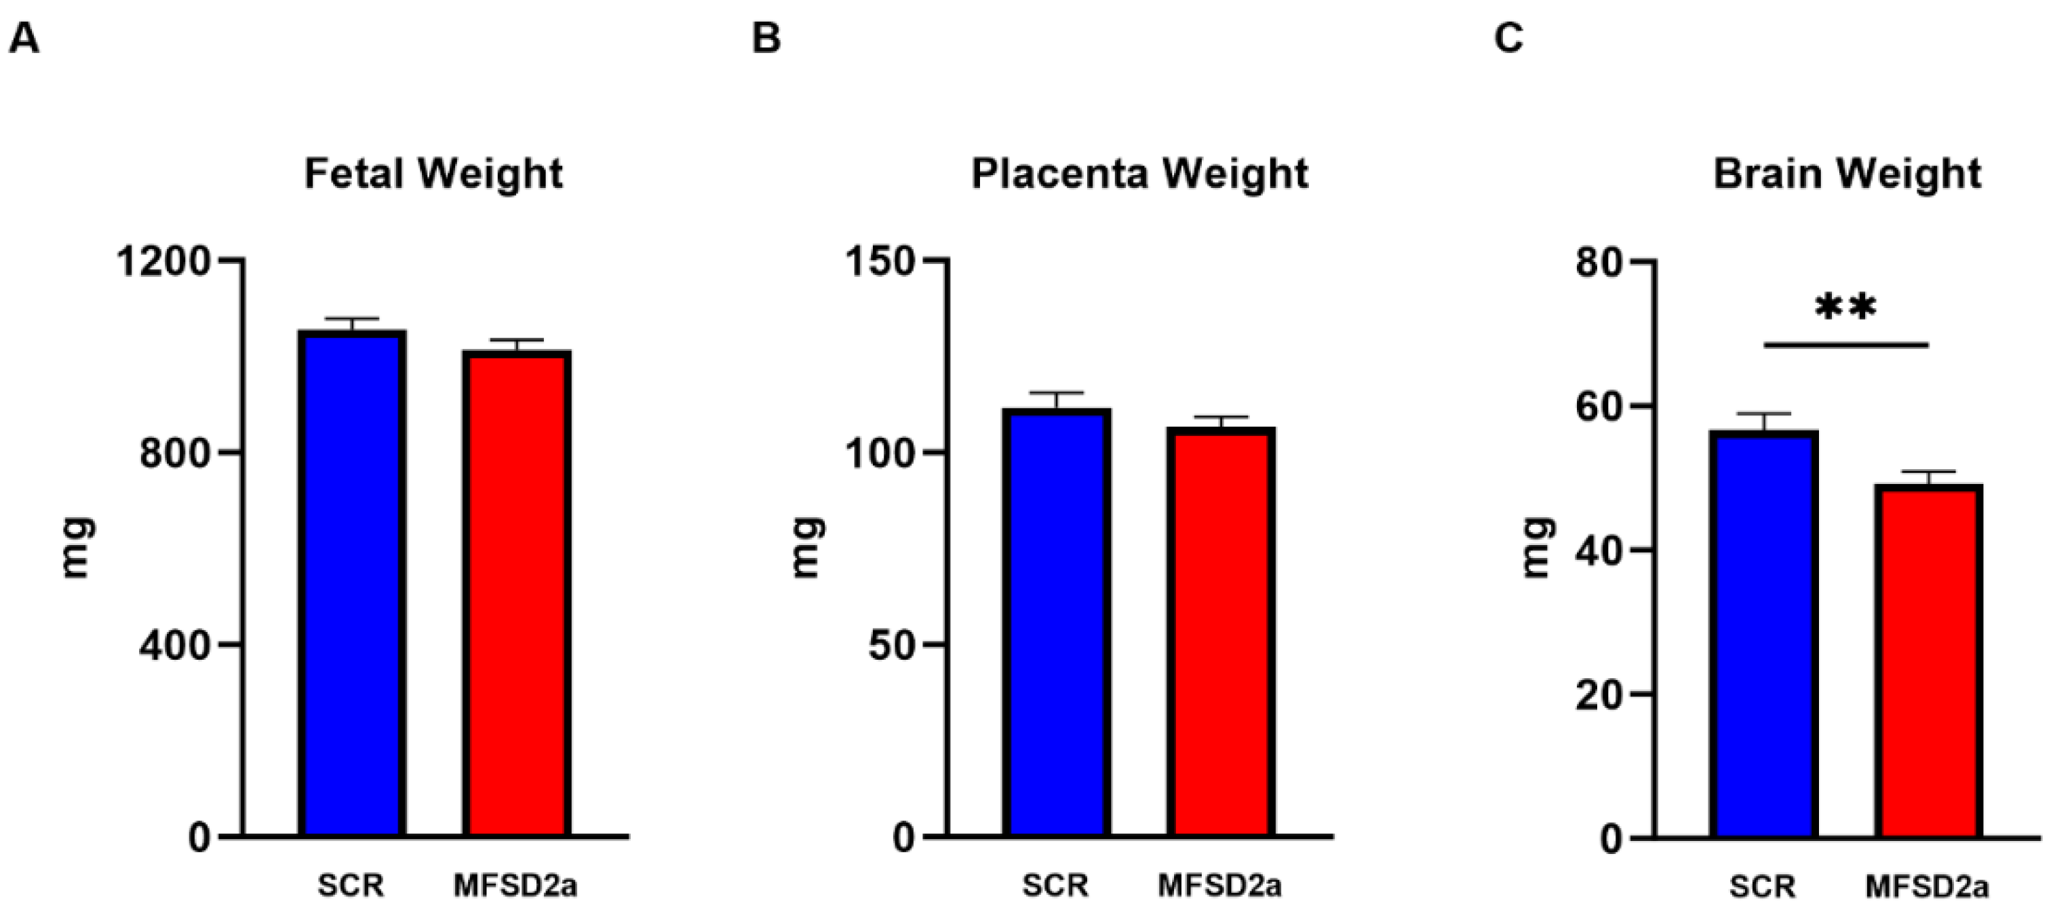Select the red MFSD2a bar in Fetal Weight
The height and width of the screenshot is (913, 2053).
pyautogui.click(x=516, y=594)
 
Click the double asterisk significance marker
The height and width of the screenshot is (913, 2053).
pyautogui.click(x=1845, y=308)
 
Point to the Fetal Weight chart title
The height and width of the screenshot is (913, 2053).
pyautogui.click(x=433, y=174)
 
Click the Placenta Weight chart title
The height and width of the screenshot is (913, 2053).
pyautogui.click(x=1139, y=174)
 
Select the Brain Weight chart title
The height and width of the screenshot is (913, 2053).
pyautogui.click(x=1847, y=174)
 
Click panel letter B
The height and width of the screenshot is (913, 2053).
pyautogui.click(x=766, y=38)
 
